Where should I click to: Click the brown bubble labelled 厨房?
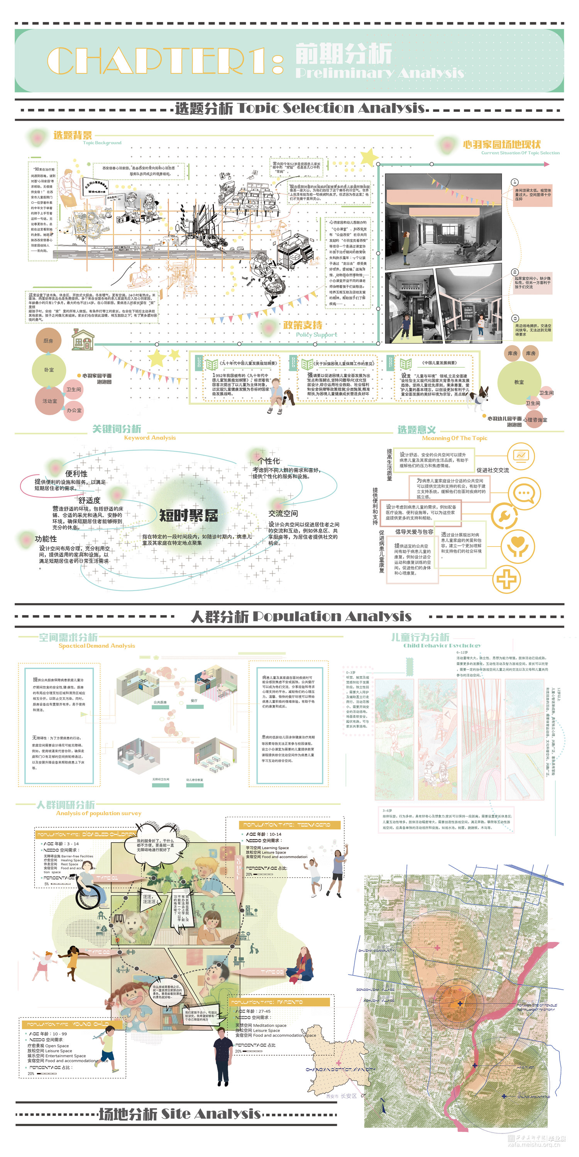48,341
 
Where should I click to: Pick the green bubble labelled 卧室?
49,369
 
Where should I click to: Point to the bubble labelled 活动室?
49,401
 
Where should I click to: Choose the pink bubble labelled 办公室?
74,410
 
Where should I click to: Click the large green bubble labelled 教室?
519,382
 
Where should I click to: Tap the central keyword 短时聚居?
188,515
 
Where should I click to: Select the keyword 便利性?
76,473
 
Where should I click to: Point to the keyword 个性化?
268,461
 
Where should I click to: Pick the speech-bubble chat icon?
524,493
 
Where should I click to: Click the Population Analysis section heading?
301,617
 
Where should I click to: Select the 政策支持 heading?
303,325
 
